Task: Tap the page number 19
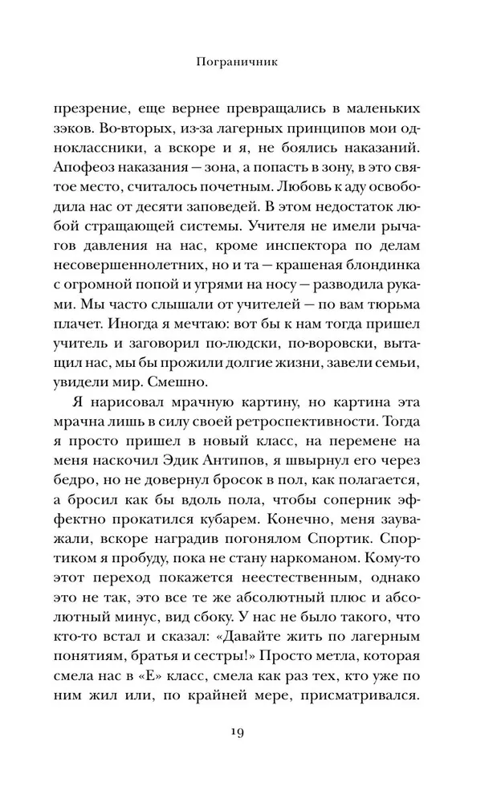click(248, 732)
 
